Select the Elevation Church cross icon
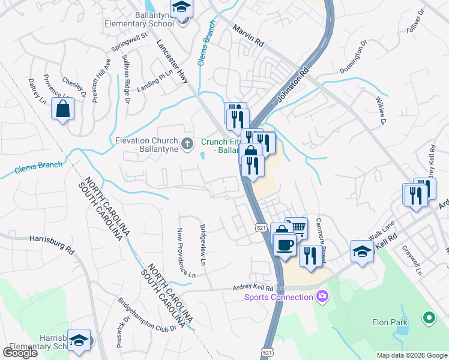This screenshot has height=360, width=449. pyautogui.click(x=187, y=143)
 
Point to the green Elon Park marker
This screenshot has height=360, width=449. pyautogui.click(x=429, y=317)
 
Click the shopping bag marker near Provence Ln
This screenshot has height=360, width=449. pyautogui.click(x=62, y=109)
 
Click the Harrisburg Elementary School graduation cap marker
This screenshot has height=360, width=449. pyautogui.click(x=78, y=340)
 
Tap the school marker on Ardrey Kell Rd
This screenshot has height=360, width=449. pyautogui.click(x=362, y=252)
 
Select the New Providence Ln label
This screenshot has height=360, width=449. pyautogui.click(x=187, y=252)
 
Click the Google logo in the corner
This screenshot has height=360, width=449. pyautogui.click(x=20, y=353)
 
